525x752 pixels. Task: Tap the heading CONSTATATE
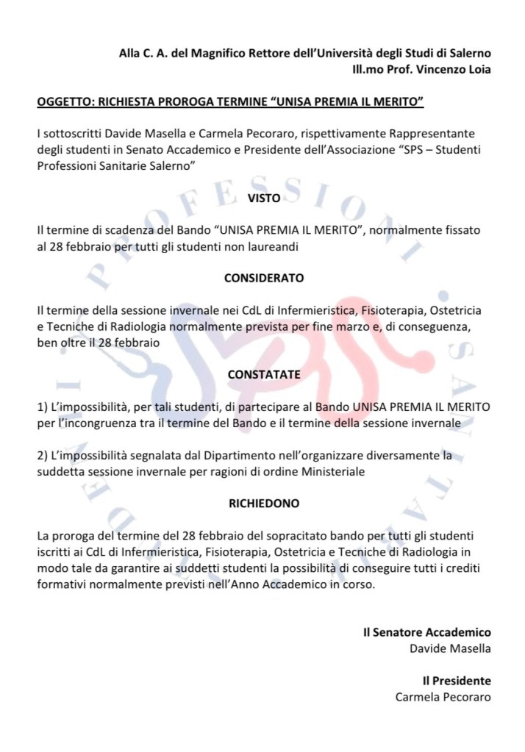click(263, 374)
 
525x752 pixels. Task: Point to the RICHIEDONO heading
click(263, 504)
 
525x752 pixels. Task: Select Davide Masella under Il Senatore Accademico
click(450, 648)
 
